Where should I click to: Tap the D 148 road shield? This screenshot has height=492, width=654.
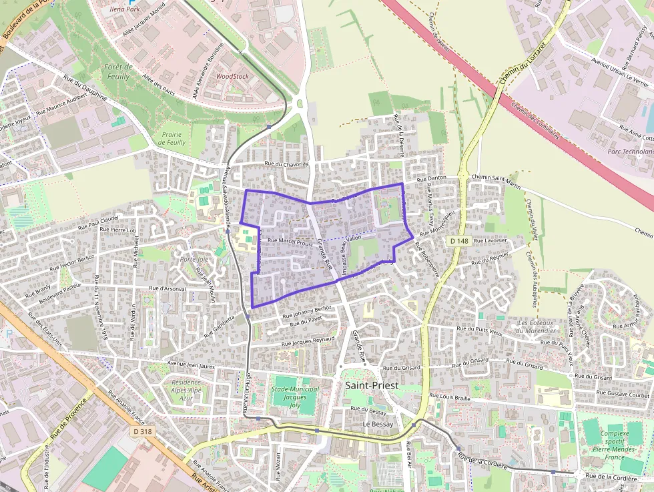pyautogui.click(x=458, y=240)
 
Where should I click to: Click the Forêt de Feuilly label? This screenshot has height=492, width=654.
pyautogui.click(x=118, y=71)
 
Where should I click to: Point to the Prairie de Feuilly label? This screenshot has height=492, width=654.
pyautogui.click(x=172, y=138)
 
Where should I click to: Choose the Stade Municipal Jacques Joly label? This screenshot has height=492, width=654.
pyautogui.click(x=294, y=397)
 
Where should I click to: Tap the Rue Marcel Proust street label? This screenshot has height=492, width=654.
pyautogui.click(x=290, y=242)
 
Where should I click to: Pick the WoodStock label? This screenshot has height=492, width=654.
pyautogui.click(x=232, y=76)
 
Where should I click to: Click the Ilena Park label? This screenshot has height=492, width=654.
pyautogui.click(x=125, y=10)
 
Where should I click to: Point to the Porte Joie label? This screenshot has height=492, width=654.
pyautogui.click(x=194, y=259)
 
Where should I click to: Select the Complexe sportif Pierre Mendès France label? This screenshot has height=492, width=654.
pyautogui.click(x=615, y=441)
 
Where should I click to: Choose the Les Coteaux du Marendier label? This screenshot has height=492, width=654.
pyautogui.click(x=537, y=326)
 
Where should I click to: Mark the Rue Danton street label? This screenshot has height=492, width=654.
pyautogui.click(x=431, y=179)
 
